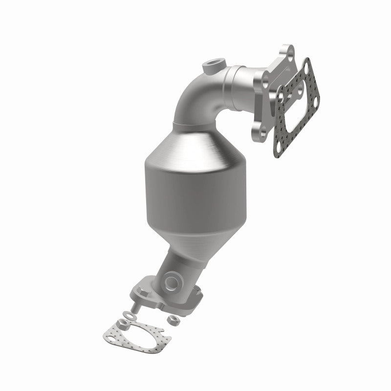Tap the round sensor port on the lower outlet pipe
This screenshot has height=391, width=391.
pyautogui.click(x=172, y=282)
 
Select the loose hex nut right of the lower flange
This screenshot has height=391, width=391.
pyautogui.click(x=174, y=320)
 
